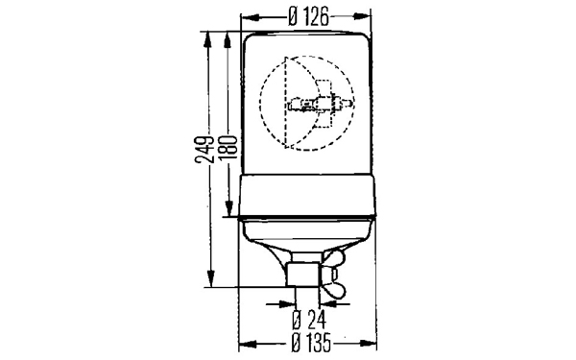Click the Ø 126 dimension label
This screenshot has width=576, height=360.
(x=308, y=17)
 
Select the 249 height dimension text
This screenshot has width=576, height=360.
(x=204, y=149)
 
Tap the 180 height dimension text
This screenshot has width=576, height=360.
(x=228, y=147)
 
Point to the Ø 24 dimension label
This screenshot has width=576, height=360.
(x=308, y=320)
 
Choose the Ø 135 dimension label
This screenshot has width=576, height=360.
(x=310, y=343)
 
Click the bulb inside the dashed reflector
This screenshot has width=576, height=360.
(x=321, y=105)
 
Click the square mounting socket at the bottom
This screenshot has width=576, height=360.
(x=304, y=275)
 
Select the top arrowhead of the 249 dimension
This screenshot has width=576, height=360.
(x=208, y=39)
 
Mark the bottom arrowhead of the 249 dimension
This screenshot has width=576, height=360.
(x=210, y=278)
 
